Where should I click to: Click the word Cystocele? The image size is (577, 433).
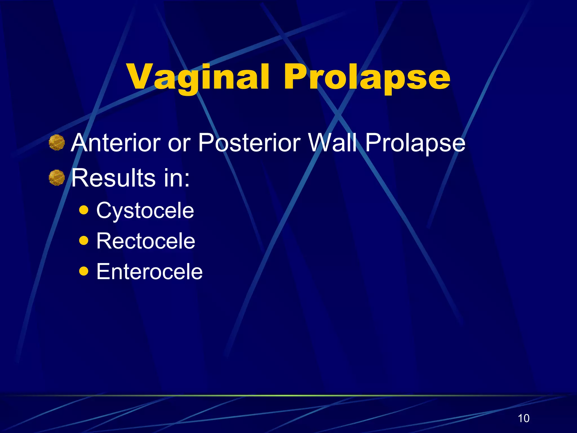145,211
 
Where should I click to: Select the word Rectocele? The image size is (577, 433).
146,241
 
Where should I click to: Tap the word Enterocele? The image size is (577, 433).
149,271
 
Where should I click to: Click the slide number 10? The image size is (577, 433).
523,418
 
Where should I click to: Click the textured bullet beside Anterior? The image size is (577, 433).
57,143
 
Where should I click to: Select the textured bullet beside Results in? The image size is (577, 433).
57,178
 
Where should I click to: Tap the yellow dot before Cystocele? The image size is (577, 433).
84,210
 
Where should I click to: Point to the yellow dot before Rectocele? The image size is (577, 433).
84,240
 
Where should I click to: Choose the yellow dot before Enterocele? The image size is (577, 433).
84,271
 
